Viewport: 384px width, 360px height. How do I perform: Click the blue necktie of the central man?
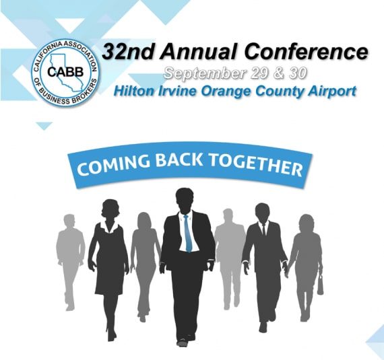click(x=188, y=233)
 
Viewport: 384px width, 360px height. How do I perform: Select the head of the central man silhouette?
click(x=185, y=199)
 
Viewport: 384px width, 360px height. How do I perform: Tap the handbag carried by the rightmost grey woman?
click(x=319, y=285)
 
